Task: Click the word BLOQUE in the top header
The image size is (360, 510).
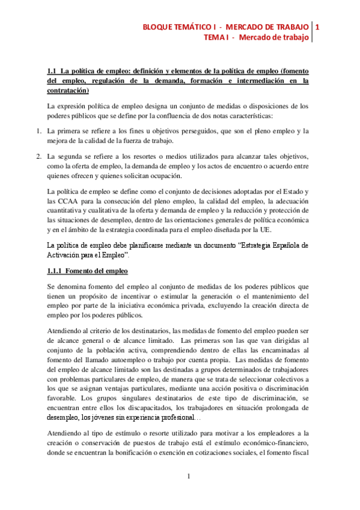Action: coord(157,28)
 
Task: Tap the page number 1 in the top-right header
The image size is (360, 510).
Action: coord(317,28)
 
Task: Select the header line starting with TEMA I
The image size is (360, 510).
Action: coord(257,38)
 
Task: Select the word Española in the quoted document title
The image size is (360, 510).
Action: coord(285,246)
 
